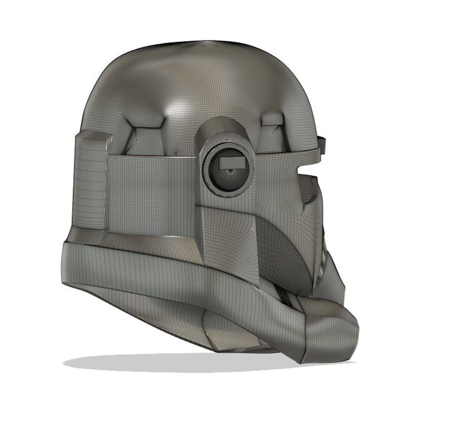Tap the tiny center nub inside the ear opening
[230, 172]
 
